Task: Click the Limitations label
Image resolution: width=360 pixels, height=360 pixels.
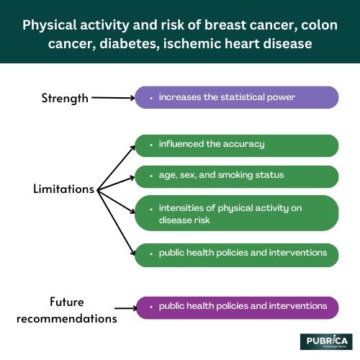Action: click(x=64, y=189)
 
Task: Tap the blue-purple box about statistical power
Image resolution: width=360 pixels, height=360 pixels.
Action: click(x=236, y=97)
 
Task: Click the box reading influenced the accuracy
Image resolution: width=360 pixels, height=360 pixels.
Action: click(x=236, y=145)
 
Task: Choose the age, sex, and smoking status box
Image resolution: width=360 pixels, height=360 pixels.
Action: click(x=236, y=176)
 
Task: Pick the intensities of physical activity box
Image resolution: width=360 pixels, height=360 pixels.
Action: click(x=236, y=214)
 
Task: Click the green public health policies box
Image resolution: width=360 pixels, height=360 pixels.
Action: click(x=236, y=253)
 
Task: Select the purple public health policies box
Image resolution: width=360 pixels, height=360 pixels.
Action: click(x=236, y=307)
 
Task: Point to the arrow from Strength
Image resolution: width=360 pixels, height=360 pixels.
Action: click(x=113, y=97)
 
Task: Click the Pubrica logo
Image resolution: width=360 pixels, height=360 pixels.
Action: click(x=325, y=341)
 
